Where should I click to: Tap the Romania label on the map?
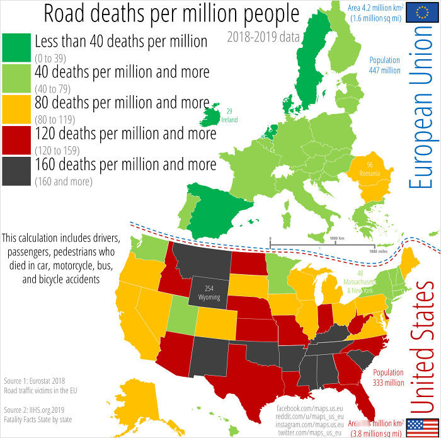(x=370, y=170)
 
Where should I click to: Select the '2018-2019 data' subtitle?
(x=263, y=37)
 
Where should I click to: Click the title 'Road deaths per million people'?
(x=171, y=14)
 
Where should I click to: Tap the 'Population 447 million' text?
(x=385, y=65)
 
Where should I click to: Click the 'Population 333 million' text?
(x=389, y=377)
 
